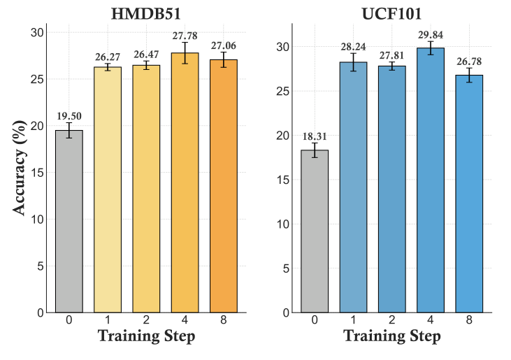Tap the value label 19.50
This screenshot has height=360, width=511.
(69, 115)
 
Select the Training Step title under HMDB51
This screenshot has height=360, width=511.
(146, 336)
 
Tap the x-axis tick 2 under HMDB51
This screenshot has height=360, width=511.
(146, 319)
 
